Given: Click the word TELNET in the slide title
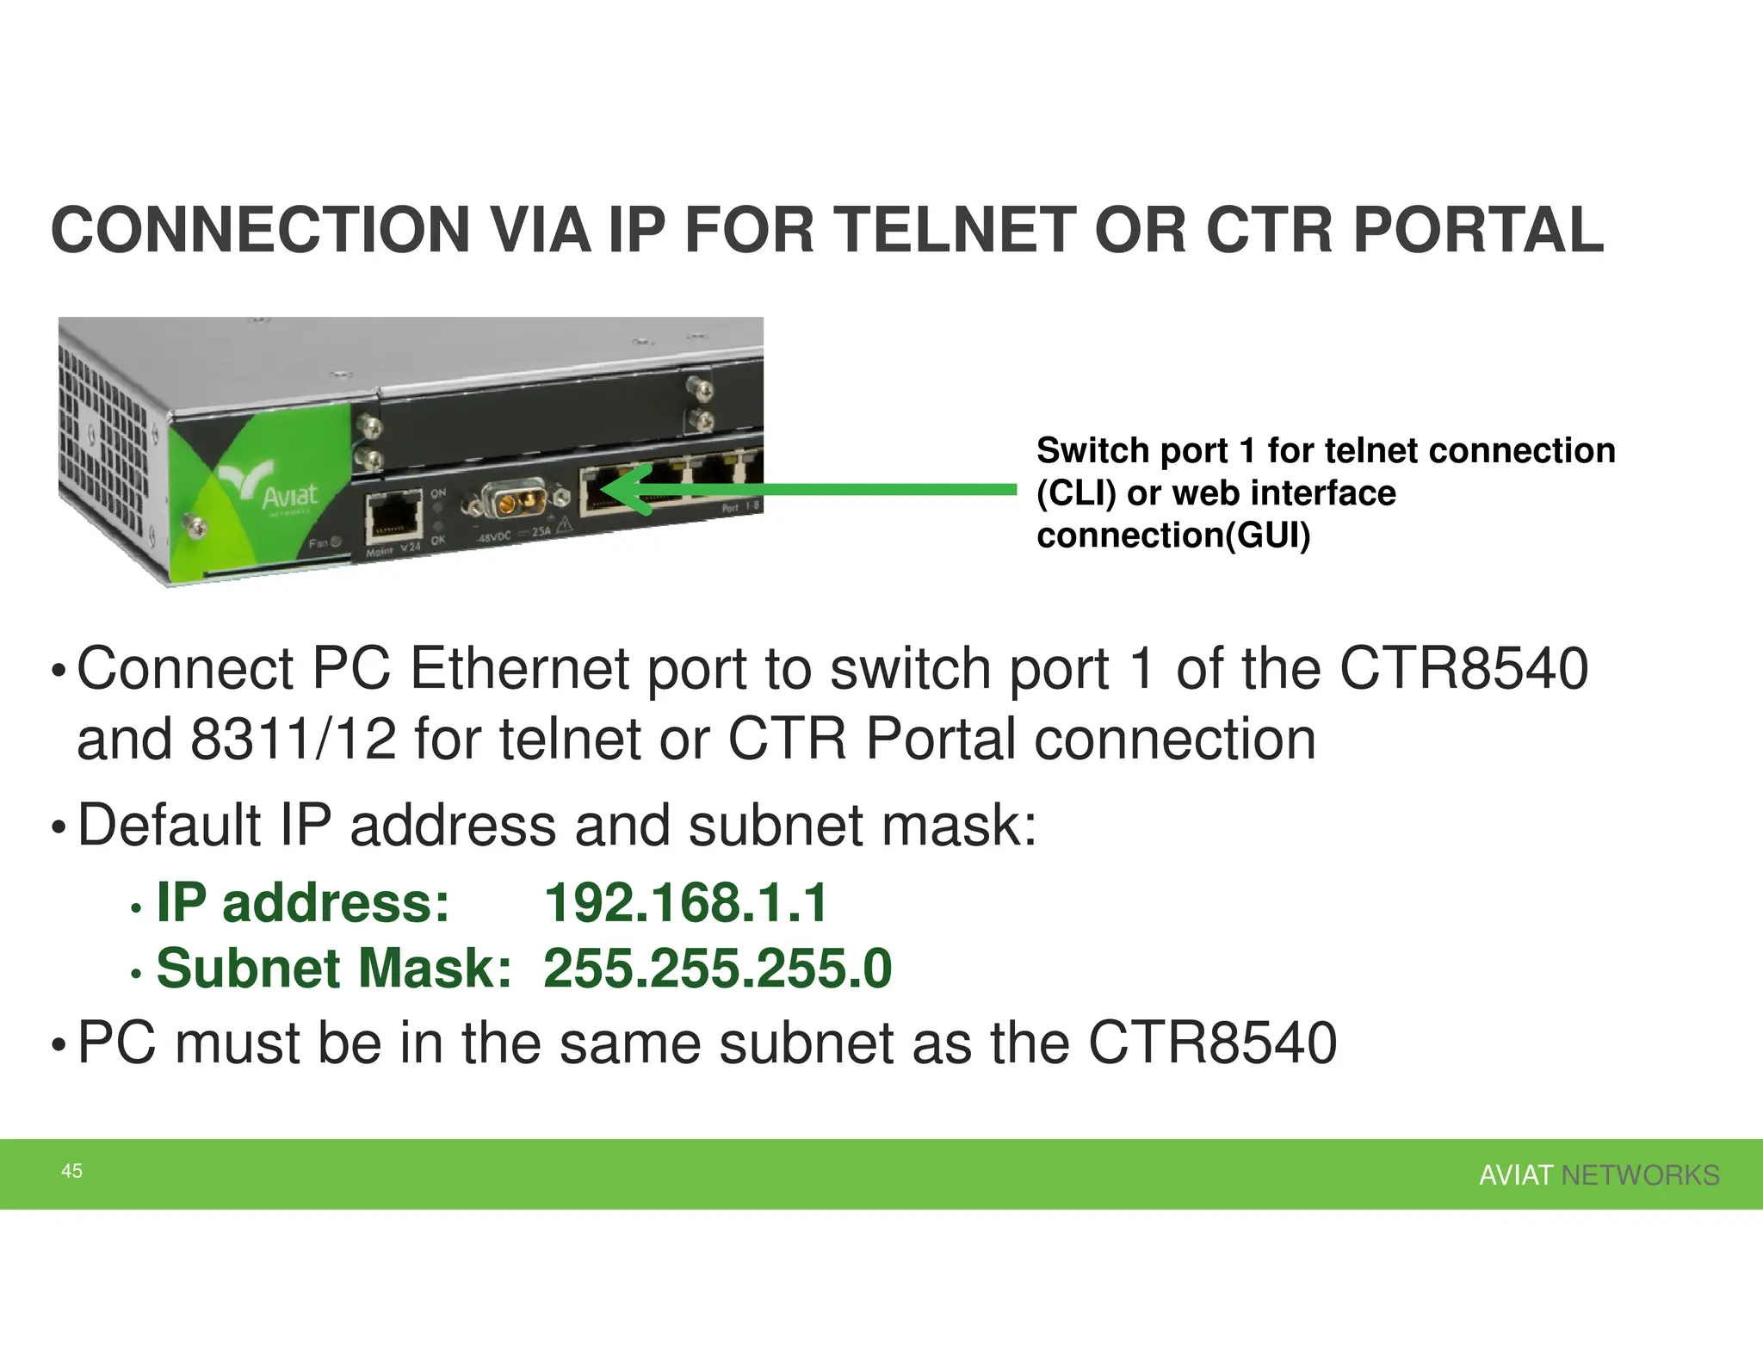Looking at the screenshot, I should tap(956, 230).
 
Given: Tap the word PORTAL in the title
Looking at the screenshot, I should tap(1478, 230).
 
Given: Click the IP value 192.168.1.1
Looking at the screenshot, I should tap(685, 903).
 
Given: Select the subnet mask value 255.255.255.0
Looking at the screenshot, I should tap(717, 968).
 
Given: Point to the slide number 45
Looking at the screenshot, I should tap(71, 1171).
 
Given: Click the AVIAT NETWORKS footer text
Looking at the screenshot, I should tap(1599, 1175).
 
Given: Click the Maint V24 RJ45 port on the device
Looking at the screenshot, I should tap(393, 518).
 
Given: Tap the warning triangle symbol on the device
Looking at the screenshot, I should tap(564, 525).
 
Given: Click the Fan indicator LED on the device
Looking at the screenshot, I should tap(336, 542).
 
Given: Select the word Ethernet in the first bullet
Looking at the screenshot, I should tap(520, 669).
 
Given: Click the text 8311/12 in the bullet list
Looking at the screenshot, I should tap(294, 740).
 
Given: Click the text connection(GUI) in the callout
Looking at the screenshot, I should tap(1173, 536).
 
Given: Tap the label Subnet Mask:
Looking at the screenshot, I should tap(334, 968).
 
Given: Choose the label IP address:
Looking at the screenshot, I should tap(302, 903).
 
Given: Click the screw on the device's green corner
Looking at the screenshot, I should tap(192, 522).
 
